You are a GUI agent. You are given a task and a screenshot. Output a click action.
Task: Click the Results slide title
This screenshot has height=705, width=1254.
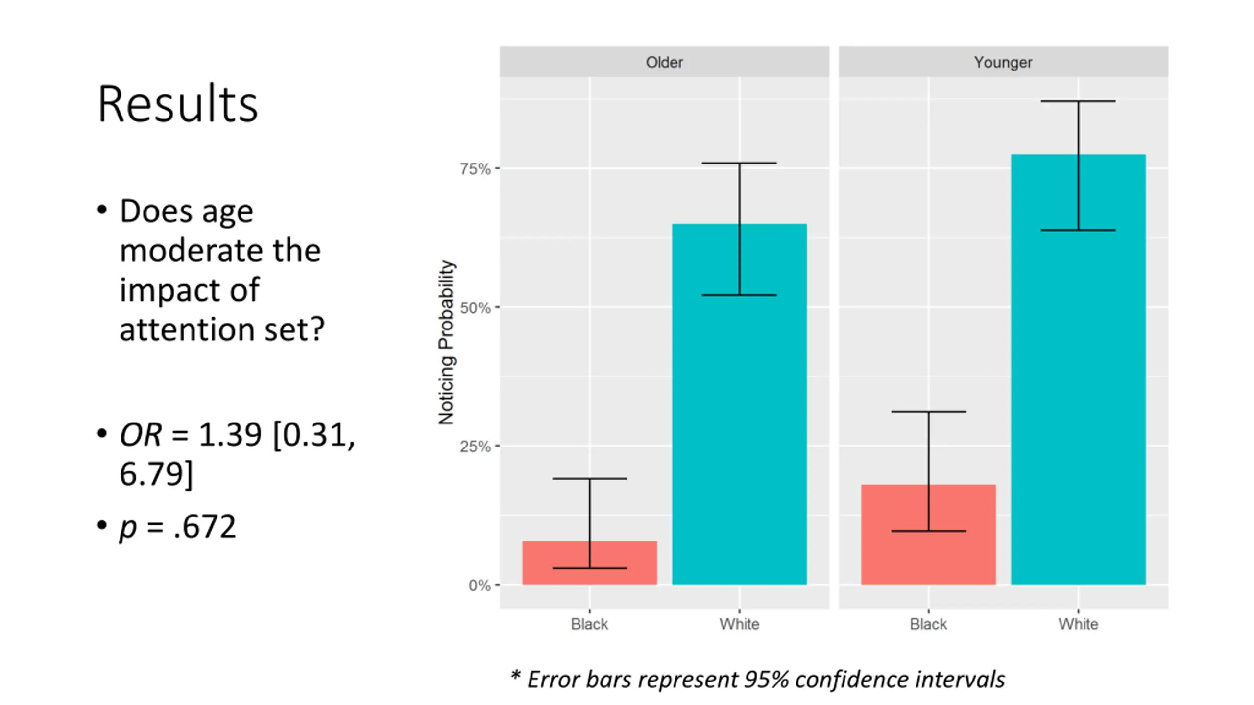click(177, 104)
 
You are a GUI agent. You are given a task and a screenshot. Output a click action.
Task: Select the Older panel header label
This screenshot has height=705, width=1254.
click(664, 62)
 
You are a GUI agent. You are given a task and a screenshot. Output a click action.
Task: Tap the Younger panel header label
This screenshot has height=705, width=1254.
click(1003, 62)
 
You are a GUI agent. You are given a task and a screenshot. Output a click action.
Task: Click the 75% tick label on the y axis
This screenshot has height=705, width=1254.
click(475, 169)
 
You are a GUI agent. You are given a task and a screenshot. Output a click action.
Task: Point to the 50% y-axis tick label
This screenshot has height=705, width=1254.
click(475, 308)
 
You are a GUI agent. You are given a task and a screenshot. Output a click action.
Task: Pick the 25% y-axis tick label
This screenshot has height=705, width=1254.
click(475, 446)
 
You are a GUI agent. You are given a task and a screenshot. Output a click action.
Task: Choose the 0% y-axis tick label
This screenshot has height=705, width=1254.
click(479, 586)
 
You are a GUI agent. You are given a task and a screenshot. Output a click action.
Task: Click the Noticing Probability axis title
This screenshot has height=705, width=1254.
click(446, 342)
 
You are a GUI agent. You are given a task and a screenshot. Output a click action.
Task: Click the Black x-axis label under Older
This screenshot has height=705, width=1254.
click(589, 624)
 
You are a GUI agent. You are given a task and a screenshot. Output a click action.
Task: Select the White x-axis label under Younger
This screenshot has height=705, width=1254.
click(1078, 624)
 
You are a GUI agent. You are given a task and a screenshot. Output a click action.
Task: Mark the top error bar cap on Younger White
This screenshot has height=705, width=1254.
click(1078, 101)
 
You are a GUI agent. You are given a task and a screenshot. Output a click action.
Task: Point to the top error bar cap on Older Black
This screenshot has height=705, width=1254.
click(589, 478)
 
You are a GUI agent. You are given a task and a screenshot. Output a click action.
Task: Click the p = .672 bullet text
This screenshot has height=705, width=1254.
click(177, 527)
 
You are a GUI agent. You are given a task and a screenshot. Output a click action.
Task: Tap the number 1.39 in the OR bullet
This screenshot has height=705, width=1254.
click(230, 434)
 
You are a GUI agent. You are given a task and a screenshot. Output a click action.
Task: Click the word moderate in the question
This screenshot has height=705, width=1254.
click(220, 251)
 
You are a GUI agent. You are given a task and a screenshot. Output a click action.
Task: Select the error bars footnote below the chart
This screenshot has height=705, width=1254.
click(757, 680)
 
